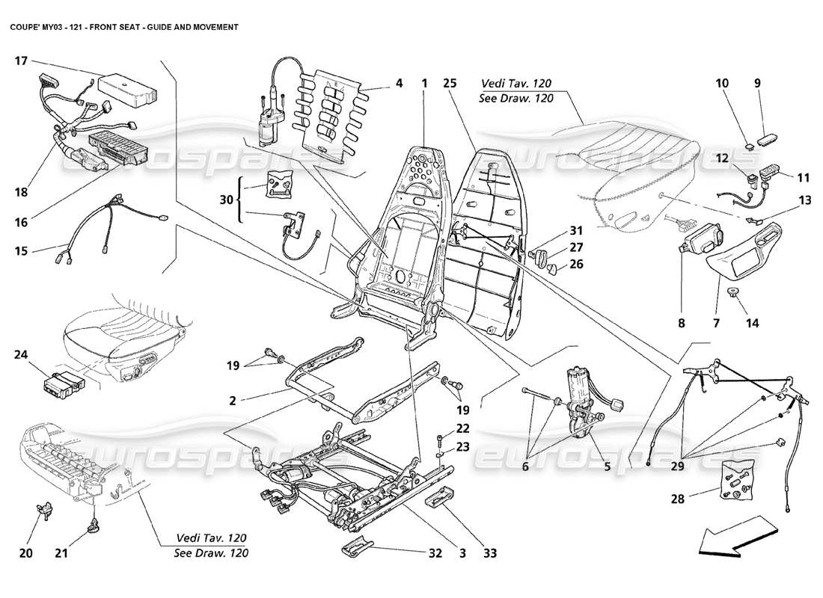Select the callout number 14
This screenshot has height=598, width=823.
pyautogui.click(x=752, y=324)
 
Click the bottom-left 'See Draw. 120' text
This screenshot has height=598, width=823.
pyautogui.click(x=212, y=553)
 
